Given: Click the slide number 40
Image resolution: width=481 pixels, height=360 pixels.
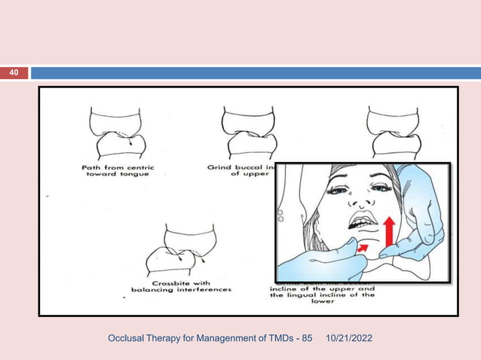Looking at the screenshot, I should pos(14,73).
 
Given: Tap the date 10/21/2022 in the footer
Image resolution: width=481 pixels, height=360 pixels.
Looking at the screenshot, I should pos(352,343).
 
